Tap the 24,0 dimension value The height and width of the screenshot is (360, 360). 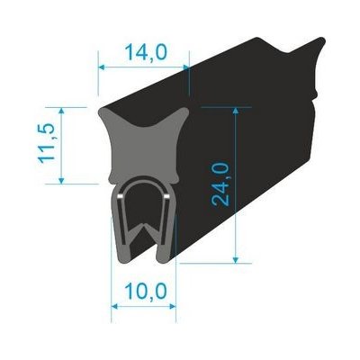pos(220,184)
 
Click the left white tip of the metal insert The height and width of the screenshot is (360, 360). pos(121,193)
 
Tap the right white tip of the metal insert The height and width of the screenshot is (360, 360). pos(167,193)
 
